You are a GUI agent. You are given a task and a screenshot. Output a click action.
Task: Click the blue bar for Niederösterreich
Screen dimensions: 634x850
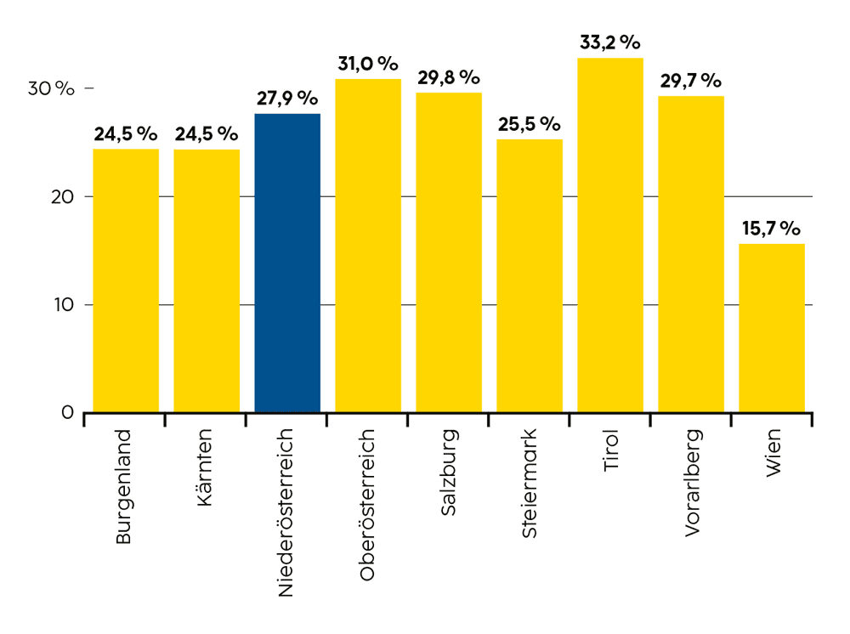tap(287, 263)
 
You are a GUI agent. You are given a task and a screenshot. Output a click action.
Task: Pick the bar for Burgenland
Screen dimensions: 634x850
tap(126, 280)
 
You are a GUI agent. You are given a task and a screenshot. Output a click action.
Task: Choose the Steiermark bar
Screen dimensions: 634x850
tap(530, 276)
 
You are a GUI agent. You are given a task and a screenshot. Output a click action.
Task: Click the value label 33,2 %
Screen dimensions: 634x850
tap(610, 42)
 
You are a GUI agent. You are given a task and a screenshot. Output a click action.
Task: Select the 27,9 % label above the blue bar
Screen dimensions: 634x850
tap(287, 98)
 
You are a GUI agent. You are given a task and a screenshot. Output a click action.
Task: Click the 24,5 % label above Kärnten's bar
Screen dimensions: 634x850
tap(207, 133)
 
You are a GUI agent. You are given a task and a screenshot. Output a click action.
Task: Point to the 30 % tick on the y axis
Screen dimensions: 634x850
tap(53, 88)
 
